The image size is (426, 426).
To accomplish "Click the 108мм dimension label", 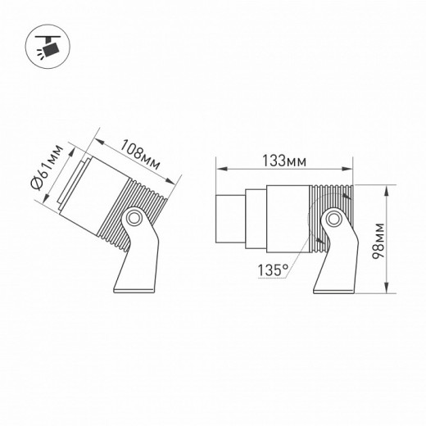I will coord(138,153).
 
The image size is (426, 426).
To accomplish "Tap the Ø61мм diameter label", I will coord(50,174).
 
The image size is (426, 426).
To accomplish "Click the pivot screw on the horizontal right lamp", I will coord(332,220).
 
